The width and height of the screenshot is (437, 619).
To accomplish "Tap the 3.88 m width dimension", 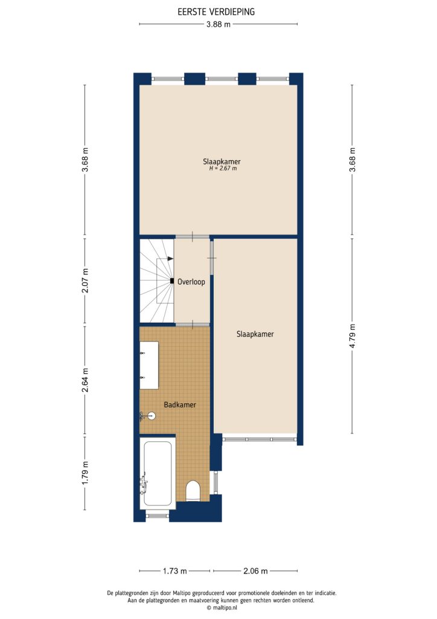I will click(218, 24).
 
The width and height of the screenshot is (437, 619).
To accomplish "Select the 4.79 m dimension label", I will click(352, 335).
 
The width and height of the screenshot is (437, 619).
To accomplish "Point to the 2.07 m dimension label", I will click(85, 280).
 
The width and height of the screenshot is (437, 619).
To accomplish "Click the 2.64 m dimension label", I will click(85, 380).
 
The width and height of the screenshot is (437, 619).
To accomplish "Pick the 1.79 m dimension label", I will click(85, 473).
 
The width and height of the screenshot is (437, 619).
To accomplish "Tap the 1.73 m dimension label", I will click(175, 571).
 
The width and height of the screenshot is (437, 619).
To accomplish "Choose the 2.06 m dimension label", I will click(255, 571).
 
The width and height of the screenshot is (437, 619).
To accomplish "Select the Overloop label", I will click(191, 282).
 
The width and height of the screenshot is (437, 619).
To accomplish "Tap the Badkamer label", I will click(180, 405).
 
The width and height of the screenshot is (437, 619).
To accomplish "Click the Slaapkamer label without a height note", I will click(255, 334).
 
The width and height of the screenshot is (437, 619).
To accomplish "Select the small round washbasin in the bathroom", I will click(151, 416).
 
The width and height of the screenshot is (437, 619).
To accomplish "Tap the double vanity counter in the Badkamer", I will click(149, 365).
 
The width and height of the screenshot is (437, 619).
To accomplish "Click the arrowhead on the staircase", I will click(171, 258).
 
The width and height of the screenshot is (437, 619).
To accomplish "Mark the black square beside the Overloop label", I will click(173, 281).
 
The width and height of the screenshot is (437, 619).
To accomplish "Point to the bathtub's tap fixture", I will click(144, 482).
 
